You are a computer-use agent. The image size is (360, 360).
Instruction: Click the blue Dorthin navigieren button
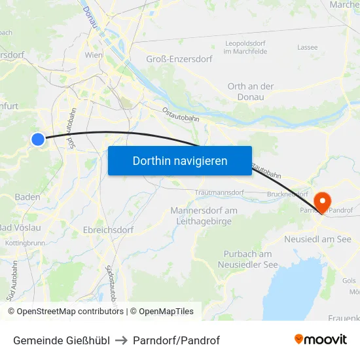coord(179,160)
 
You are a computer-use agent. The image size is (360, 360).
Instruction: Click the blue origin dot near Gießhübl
coord(38,139)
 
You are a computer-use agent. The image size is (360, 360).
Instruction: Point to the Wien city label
coord(94,56)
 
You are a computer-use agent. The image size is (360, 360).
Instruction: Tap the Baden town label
coord(27,196)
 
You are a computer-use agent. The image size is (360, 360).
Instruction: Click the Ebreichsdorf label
coord(108,230)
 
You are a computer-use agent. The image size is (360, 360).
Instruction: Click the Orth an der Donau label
coord(250,92)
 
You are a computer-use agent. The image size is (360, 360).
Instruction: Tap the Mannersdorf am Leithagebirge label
coord(204,215)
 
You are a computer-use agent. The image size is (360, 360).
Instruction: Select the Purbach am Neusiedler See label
coord(247,259)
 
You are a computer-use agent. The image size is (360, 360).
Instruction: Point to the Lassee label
coord(307,47)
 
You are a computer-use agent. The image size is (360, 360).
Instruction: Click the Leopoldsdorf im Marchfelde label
coord(245,47)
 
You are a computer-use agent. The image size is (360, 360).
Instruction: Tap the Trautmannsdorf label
coord(219,193)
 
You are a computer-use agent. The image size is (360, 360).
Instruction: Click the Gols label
coord(349,280)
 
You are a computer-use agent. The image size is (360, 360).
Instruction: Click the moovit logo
coord(320,339)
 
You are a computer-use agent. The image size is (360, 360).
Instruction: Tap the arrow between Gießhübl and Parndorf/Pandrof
coord(121,340)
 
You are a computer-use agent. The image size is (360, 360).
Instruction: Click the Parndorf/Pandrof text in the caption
coord(176,340)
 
